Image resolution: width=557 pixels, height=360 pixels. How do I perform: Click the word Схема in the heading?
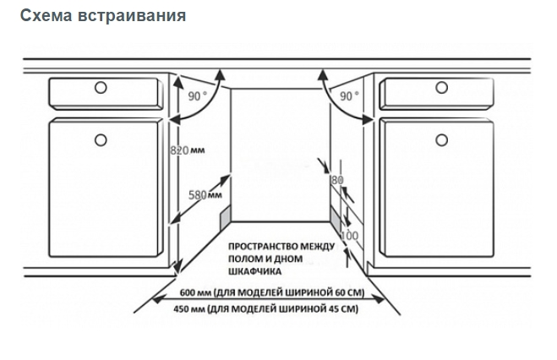pos(46,15)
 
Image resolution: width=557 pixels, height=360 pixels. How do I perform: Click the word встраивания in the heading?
pos(131,15)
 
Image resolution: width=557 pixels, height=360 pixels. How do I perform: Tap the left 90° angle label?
pos(197,95)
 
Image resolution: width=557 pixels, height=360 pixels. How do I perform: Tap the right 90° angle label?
pos(349,95)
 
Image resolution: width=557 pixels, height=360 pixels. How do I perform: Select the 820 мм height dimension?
pos(187,150)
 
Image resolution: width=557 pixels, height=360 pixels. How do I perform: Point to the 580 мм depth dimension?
pos(205,195)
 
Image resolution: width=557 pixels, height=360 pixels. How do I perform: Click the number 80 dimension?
pos(337,180)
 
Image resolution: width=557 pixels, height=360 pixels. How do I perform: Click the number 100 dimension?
pos(350,236)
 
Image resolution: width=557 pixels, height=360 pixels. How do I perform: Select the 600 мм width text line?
pos(272,292)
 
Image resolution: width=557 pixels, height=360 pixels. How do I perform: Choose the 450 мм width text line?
pos(265,309)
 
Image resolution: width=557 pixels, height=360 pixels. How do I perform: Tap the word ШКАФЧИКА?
pos(254,271)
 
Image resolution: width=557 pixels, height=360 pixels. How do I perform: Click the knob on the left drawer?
pos(101,87)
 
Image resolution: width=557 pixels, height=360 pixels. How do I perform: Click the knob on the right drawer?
pos(441,87)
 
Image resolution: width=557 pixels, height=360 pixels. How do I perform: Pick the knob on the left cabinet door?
pos(101,140)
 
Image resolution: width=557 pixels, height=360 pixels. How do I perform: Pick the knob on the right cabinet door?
pos(441,140)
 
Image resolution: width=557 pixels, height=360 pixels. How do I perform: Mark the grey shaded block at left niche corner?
pos(225,216)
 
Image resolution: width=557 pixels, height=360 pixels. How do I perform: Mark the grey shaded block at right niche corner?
pos(336,218)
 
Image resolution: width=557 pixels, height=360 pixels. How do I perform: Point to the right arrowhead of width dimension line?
pos(380,300)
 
